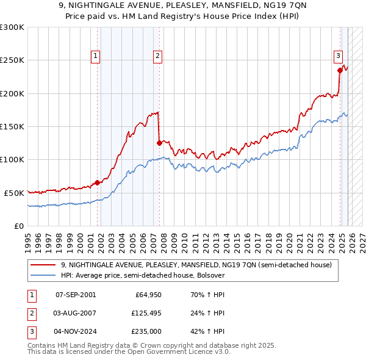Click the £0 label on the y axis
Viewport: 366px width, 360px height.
(x=19, y=226)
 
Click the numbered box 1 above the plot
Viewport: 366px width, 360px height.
(x=96, y=56)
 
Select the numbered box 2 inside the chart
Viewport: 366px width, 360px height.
(x=157, y=56)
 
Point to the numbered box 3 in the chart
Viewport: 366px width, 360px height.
(x=338, y=56)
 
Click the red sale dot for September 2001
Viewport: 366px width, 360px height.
(x=97, y=182)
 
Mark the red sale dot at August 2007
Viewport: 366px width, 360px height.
(x=159, y=143)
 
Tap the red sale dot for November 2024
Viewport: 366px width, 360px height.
(x=339, y=70)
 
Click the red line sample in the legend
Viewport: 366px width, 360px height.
(x=43, y=265)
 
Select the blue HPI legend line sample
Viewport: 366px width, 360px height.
(x=43, y=275)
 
